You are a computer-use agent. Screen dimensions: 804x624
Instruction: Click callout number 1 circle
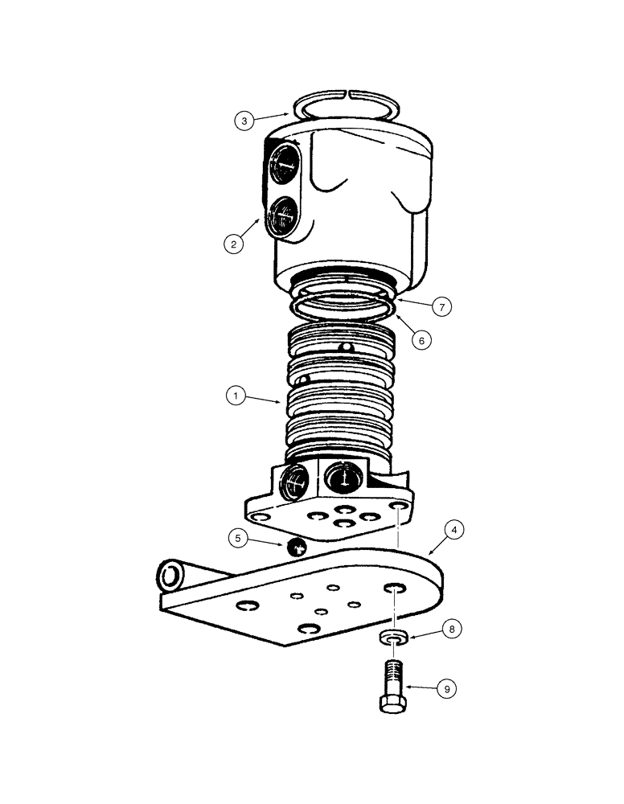tap(235, 396)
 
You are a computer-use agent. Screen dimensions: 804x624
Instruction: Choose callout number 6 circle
tap(418, 339)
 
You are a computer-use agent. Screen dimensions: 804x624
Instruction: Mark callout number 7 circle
tap(441, 306)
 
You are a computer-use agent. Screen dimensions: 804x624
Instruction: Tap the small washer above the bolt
tap(392, 638)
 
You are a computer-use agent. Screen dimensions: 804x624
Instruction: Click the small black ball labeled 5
tap(296, 548)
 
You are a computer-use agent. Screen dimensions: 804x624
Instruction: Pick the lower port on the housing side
tap(282, 214)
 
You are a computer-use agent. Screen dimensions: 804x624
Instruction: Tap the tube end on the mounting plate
tap(171, 575)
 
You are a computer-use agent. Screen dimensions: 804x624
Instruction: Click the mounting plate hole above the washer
tap(394, 590)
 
